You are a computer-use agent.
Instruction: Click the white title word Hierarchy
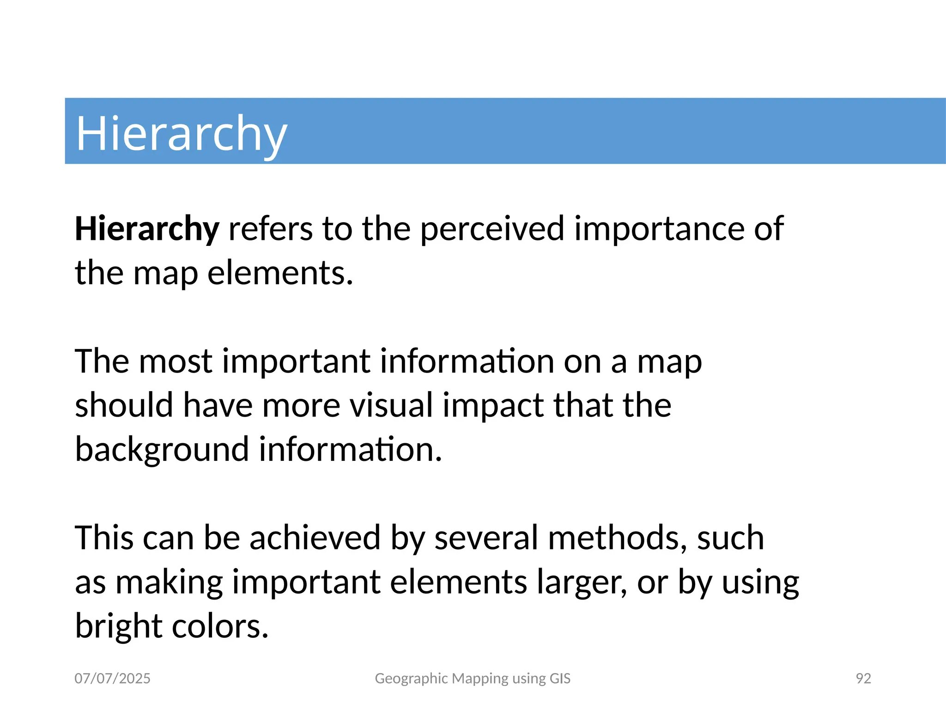(x=181, y=134)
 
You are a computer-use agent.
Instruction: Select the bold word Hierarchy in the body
(x=147, y=229)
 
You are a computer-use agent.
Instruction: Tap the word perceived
(x=492, y=229)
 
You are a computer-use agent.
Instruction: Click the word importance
(x=659, y=229)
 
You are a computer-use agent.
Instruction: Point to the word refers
(x=270, y=229)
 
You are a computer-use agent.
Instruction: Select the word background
(x=162, y=450)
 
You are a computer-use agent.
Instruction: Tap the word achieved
(x=315, y=538)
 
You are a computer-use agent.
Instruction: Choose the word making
(x=169, y=582)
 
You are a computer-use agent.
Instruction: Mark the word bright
(x=118, y=627)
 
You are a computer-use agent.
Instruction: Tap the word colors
(x=220, y=627)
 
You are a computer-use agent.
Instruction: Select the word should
(x=124, y=405)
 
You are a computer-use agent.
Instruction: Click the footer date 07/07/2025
(x=112, y=679)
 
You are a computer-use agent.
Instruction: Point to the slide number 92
(x=863, y=679)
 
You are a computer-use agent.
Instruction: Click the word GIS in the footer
(x=560, y=679)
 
